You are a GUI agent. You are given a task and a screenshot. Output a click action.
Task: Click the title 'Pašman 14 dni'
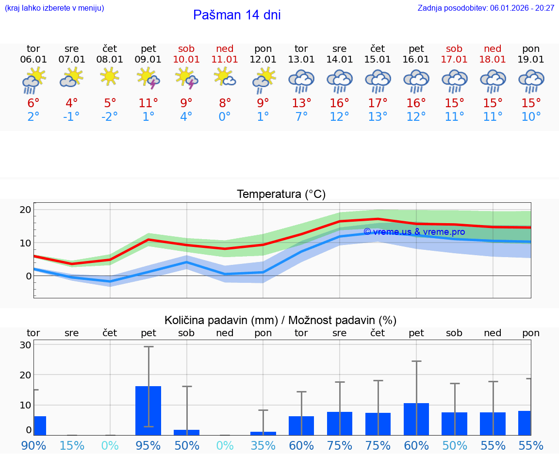[x=237, y=15]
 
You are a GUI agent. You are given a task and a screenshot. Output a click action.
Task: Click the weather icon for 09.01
[x=148, y=79]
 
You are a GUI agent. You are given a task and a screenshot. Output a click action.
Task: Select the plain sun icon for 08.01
[x=110, y=76]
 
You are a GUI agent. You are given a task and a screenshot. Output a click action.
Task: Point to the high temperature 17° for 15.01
[x=378, y=103]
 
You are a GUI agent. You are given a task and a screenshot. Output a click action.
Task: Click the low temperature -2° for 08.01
[x=110, y=117]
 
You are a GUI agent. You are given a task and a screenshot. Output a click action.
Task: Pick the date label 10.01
[x=186, y=60]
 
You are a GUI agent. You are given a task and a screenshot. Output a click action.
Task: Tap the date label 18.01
[x=493, y=60]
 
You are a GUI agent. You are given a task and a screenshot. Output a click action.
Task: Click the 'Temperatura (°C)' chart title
[x=281, y=195]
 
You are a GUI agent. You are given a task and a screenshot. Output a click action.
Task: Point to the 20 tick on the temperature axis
[x=26, y=210]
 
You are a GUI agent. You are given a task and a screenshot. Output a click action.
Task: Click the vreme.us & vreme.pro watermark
[x=414, y=232]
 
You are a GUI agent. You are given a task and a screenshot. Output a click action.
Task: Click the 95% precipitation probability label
[x=148, y=445]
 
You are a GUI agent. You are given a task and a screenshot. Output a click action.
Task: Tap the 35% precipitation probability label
[x=263, y=445]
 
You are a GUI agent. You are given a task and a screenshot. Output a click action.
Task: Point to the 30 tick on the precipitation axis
[x=26, y=345]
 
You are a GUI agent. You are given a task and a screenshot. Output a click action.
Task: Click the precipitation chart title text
[x=280, y=320]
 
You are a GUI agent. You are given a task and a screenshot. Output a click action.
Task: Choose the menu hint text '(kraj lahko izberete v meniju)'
[x=54, y=8]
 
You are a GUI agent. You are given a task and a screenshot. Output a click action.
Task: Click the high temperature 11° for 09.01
[x=148, y=103]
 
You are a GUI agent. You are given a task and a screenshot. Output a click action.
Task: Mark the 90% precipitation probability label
[x=33, y=445]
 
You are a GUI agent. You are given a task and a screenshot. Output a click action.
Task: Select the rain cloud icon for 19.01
[x=531, y=81]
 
